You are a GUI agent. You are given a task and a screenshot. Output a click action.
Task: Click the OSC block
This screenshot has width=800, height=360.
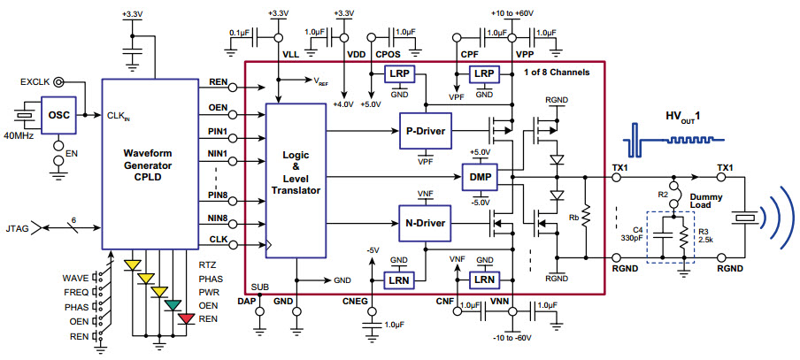coord(58,115)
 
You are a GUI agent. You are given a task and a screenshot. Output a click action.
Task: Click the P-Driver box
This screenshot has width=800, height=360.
coord(425,132)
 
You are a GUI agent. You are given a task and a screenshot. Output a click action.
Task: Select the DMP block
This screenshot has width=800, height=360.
coord(480,177)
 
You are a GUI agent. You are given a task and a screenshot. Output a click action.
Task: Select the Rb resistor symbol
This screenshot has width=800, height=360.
coord(585,218)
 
